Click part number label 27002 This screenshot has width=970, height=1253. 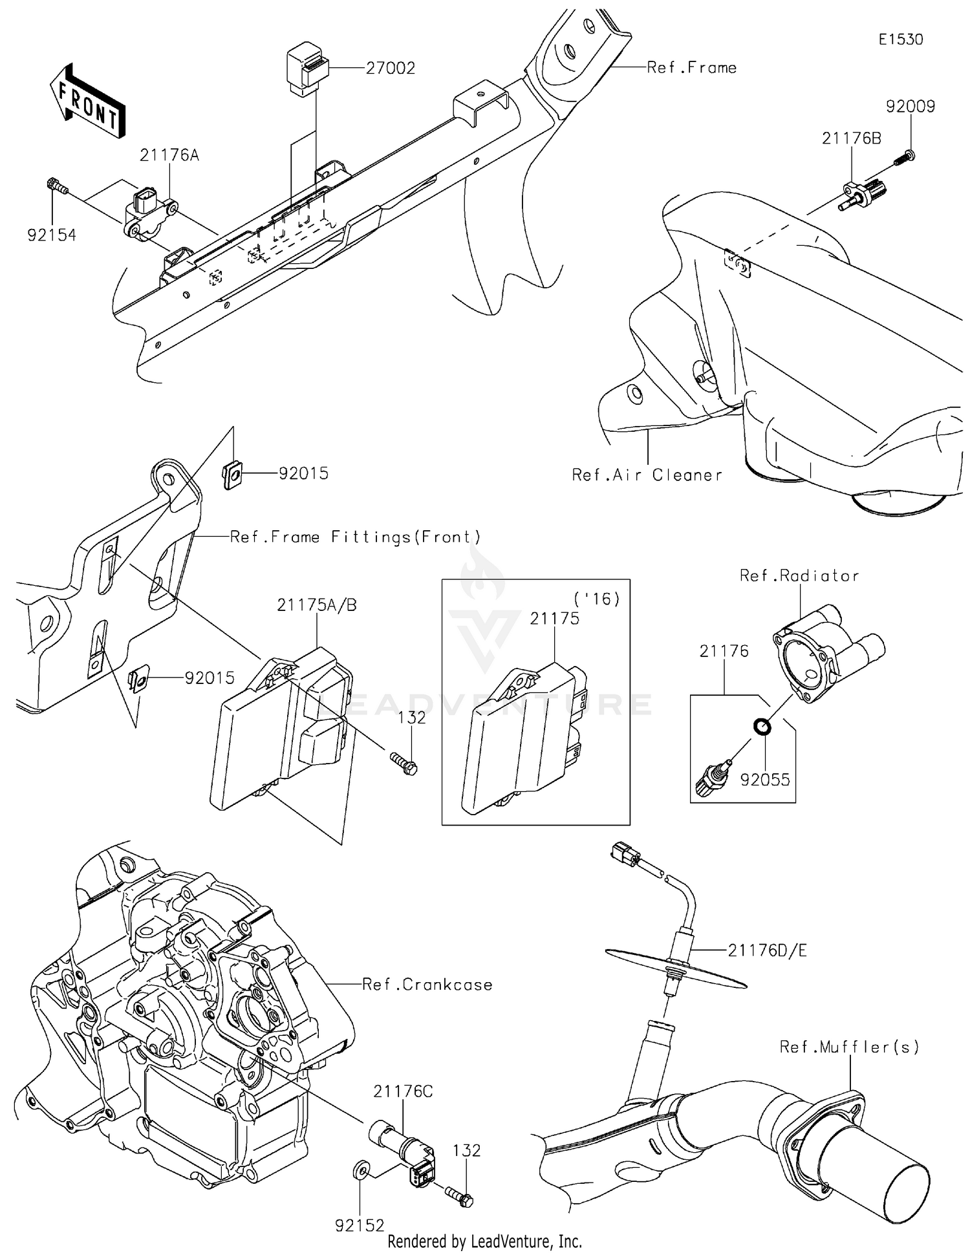[x=390, y=68]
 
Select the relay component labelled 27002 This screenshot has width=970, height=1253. [x=306, y=67]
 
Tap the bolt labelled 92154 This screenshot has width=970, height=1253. [x=57, y=186]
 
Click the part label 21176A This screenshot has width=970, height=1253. [x=169, y=155]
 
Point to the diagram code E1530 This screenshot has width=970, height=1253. [x=900, y=39]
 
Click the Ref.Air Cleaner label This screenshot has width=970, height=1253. [x=647, y=475]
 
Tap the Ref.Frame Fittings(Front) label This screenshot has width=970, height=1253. [x=356, y=537]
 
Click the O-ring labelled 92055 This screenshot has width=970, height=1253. [x=762, y=727]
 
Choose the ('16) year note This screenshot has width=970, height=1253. [x=597, y=599]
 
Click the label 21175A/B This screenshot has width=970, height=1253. [x=317, y=605]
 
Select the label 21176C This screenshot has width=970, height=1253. [x=403, y=1091]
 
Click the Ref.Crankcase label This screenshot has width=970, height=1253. [x=427, y=985]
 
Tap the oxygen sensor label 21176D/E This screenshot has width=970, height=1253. [x=767, y=950]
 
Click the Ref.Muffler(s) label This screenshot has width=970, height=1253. [x=849, y=1047]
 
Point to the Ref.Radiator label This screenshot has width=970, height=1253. [x=799, y=575]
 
